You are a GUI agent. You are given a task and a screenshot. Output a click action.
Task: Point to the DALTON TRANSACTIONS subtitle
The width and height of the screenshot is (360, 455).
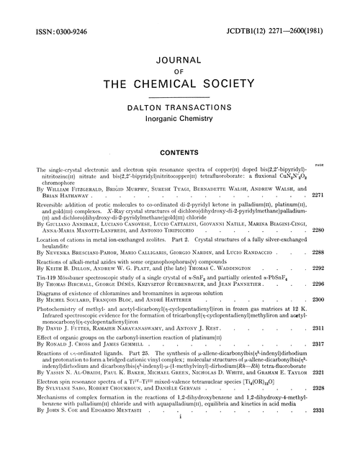point(180,107)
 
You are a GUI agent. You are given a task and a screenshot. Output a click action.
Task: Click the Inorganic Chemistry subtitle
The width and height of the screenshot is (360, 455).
point(180,117)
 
